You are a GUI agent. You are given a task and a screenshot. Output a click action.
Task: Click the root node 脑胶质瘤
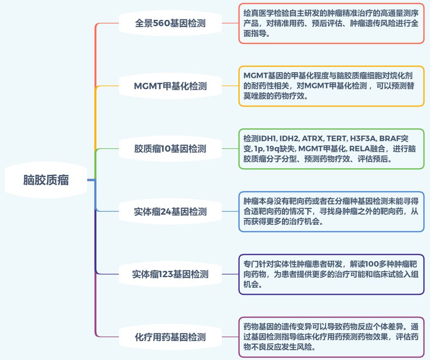point(46,180)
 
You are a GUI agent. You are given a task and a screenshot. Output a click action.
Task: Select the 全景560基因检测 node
point(170,23)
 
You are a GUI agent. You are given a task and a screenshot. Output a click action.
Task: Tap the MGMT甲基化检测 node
point(170,86)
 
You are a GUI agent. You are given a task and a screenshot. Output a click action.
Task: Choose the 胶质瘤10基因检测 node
point(170,149)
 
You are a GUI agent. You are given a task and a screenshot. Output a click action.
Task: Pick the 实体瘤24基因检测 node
point(170,211)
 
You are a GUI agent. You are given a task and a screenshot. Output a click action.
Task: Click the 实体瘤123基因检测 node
point(170,274)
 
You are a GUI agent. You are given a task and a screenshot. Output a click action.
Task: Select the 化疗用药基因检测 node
point(170,337)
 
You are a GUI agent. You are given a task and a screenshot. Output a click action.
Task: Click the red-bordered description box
point(331,24)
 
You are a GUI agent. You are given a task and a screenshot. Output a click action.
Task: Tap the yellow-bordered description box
point(331,86)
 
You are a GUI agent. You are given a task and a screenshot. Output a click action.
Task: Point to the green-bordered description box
point(331,149)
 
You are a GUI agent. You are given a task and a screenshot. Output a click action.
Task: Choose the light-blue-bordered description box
point(331,211)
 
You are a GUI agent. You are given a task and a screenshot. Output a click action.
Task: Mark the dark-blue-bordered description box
point(331,274)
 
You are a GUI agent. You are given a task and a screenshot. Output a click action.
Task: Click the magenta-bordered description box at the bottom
point(331,337)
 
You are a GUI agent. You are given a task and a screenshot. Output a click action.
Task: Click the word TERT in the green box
point(337,139)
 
